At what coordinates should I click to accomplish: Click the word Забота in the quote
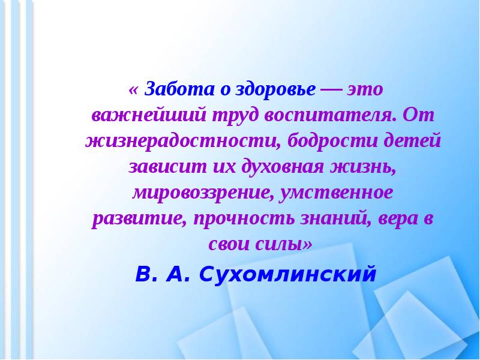tap(179, 89)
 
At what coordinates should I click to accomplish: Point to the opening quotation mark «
tap(133, 90)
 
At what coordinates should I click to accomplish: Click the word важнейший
tap(149, 116)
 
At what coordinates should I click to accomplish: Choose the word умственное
tap(336, 193)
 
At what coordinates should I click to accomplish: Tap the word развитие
tap(140, 220)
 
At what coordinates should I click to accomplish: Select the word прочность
tap(244, 220)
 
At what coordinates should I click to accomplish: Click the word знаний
tap(336, 219)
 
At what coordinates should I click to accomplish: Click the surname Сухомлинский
tap(288, 274)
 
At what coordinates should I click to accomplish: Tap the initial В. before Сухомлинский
tap(146, 274)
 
